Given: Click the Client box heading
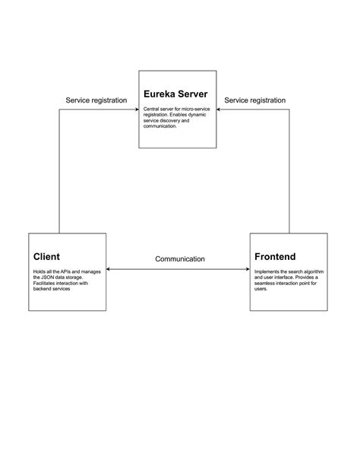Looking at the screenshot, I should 46,257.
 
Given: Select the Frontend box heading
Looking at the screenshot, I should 275,257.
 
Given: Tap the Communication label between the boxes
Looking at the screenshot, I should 180,259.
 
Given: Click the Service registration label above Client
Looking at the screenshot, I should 96,100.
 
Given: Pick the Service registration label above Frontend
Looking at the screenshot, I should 255,100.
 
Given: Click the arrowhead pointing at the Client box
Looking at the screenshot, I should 109,269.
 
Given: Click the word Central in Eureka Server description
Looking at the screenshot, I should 152,109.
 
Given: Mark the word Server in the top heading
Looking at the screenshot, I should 194,95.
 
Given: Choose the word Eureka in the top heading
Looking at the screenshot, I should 159,95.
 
